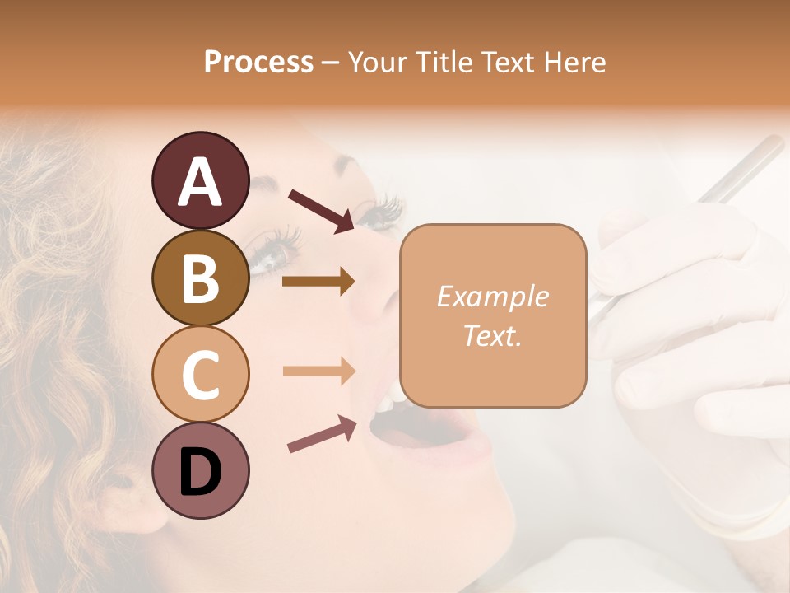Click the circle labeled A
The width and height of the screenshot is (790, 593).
pyautogui.click(x=200, y=181)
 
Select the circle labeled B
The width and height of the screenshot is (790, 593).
pyautogui.click(x=200, y=278)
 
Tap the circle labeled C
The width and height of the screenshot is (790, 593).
pyautogui.click(x=200, y=374)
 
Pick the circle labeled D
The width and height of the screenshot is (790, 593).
pyautogui.click(x=200, y=471)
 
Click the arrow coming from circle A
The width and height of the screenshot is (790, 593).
pyautogui.click(x=321, y=210)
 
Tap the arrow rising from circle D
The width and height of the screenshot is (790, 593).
pyautogui.click(x=322, y=434)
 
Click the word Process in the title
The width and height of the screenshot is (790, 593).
pyautogui.click(x=258, y=62)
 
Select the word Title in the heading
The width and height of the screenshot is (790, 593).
pyautogui.click(x=444, y=62)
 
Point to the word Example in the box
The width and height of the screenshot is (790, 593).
pyautogui.click(x=492, y=296)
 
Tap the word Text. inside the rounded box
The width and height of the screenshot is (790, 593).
pyautogui.click(x=492, y=335)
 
